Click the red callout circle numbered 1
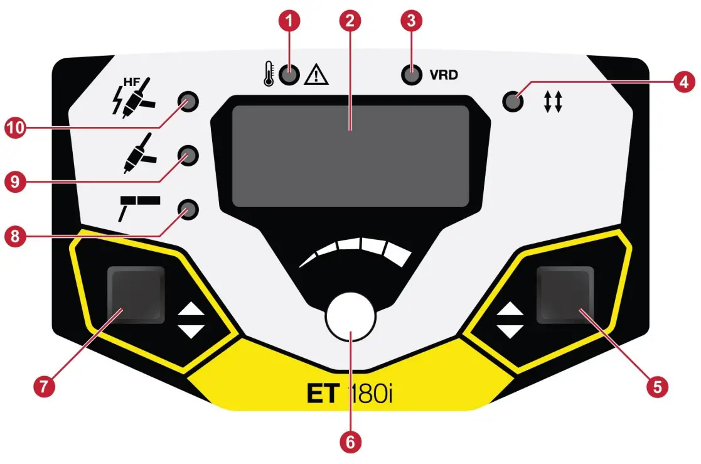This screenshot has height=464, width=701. click(x=289, y=20)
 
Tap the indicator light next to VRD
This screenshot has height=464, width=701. click(x=411, y=75)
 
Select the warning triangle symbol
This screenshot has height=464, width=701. click(x=316, y=76)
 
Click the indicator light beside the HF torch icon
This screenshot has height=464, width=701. click(x=188, y=100)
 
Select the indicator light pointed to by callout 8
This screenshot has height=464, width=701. click(x=187, y=208)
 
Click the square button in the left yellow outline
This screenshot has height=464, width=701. click(x=136, y=294)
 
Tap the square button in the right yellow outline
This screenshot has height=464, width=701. click(x=565, y=294)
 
